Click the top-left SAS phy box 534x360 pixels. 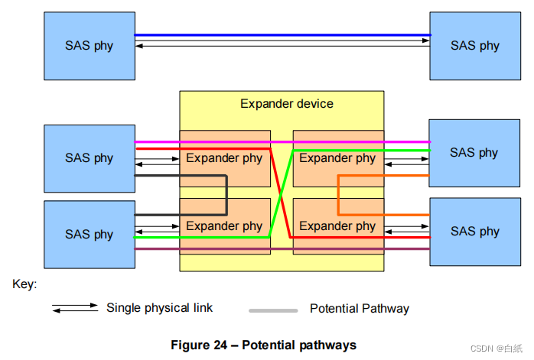[x=90, y=45]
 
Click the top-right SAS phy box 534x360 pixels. [x=474, y=45]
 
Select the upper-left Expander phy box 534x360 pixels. [x=224, y=159]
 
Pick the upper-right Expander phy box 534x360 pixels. [x=337, y=159]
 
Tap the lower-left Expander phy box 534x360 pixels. [x=224, y=226]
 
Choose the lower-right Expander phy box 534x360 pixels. [x=337, y=226]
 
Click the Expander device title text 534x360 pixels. [x=287, y=103]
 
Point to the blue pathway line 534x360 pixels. [x=282, y=35]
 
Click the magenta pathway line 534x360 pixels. [x=282, y=142]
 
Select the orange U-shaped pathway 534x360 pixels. [x=339, y=196]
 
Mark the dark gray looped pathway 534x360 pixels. [x=226, y=196]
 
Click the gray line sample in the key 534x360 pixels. [x=273, y=310]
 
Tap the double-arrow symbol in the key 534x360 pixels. [x=75, y=308]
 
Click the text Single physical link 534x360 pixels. [x=159, y=307]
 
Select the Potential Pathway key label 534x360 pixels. [x=359, y=309]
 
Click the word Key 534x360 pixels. [x=24, y=284]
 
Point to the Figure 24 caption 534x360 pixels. [x=263, y=345]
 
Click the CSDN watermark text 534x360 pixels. [x=495, y=349]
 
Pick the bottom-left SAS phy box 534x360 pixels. [x=90, y=234]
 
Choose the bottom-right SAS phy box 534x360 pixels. [x=474, y=231]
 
